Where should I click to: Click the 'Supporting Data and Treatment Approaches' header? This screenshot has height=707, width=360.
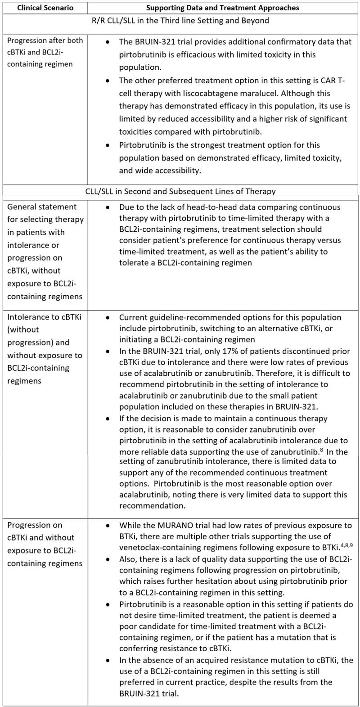tap(223, 8)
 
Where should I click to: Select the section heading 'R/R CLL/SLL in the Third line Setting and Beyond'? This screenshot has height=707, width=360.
tap(180, 21)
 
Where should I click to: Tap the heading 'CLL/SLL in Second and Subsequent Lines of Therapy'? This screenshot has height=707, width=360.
tap(180, 191)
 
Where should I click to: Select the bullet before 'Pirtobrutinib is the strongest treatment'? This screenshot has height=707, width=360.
tap(107, 145)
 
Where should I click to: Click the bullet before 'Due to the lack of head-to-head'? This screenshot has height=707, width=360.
tap(107, 207)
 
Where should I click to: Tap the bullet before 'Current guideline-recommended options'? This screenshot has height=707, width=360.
tap(107, 317)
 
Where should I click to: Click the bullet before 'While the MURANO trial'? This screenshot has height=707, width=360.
tap(107, 525)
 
